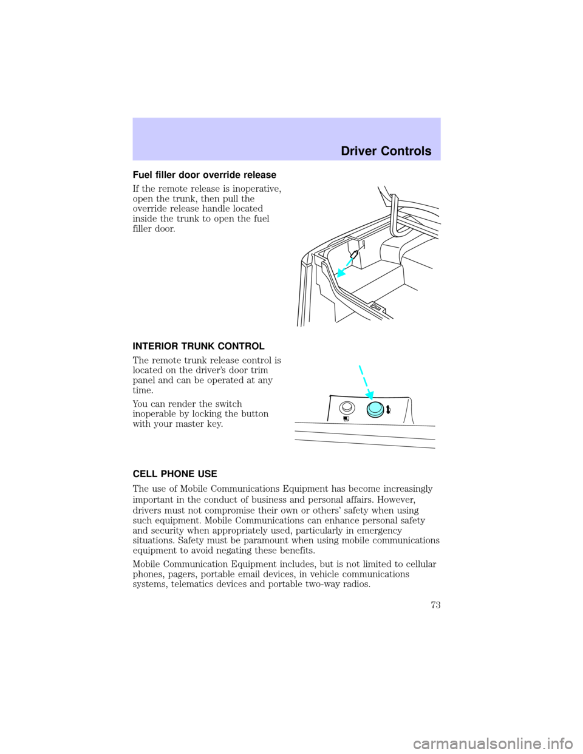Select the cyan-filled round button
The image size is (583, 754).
point(377,409)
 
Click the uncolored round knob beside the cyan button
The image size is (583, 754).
point(346,408)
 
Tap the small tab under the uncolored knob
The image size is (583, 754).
point(346,418)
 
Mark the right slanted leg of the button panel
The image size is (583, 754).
point(411,410)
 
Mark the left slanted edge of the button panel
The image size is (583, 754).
point(329,408)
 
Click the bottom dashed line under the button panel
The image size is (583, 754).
point(364,444)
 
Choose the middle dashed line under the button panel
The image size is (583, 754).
point(364,434)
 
